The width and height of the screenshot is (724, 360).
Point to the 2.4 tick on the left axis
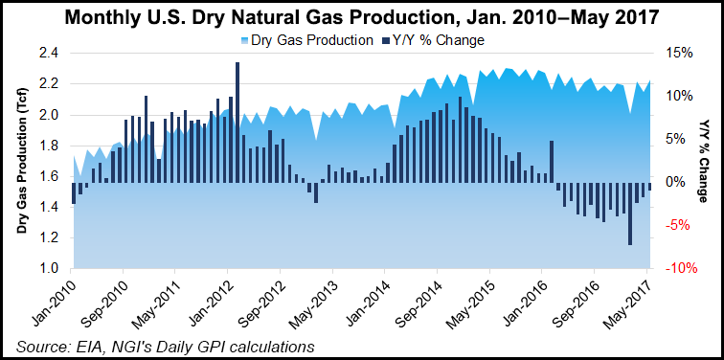pos(47,54)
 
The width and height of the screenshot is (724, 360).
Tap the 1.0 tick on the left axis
pos(47,269)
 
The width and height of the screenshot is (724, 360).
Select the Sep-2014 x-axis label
pos(417,297)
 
